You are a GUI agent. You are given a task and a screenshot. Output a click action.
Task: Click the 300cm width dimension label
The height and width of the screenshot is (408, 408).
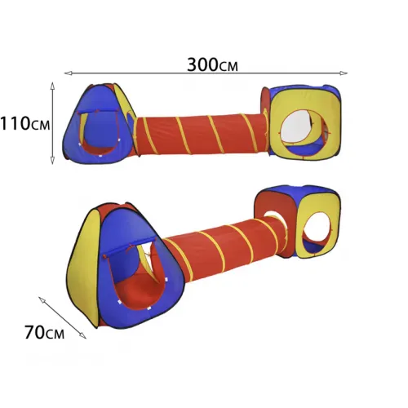coord(212,65)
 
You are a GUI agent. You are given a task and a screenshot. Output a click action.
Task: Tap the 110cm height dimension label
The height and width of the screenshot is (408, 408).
coord(25,124)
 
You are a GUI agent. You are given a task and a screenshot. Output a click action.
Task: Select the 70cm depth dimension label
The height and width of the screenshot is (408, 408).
coord(45,332)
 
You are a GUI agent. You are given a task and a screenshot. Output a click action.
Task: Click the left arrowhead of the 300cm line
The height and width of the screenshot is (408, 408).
coord(68,73)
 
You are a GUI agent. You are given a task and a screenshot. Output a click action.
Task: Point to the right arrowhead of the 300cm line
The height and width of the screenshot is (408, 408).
coord(344,73)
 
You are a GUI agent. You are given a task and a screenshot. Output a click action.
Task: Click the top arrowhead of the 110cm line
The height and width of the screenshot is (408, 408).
coord(52,86)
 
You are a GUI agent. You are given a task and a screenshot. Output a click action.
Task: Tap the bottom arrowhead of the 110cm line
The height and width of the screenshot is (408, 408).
coord(52,161)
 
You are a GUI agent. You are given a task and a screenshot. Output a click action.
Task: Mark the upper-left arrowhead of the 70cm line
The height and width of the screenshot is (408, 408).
coord(42,299)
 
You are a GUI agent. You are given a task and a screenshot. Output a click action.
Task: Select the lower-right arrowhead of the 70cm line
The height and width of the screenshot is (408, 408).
coord(82,335)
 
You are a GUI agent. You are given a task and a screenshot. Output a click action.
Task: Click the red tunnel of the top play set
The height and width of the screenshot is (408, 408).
coord(202,135)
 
